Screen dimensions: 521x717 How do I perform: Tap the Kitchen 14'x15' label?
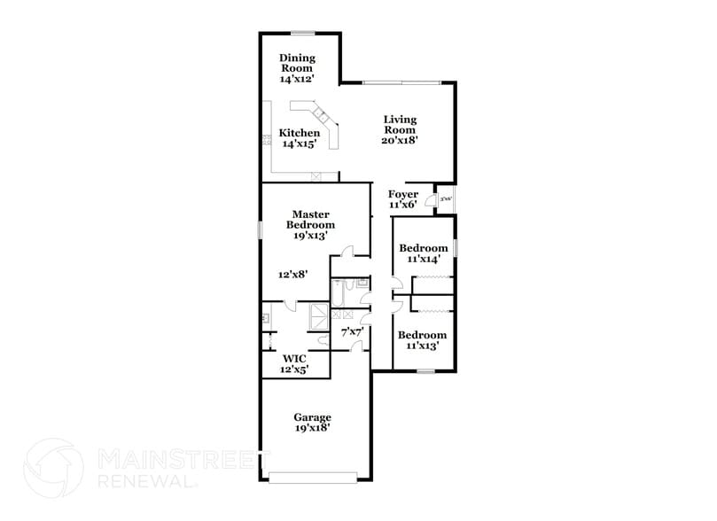tap(300, 137)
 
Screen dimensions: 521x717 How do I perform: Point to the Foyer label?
tap(403, 199)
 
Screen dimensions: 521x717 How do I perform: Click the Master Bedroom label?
tap(311, 224)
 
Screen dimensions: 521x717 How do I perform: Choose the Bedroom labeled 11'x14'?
tap(423, 253)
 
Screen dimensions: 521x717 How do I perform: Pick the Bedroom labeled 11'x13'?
tap(422, 339)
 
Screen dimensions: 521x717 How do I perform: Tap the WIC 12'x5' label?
tap(293, 364)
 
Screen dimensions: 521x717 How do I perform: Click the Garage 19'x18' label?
tap(313, 423)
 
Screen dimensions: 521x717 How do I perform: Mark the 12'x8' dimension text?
tap(292, 275)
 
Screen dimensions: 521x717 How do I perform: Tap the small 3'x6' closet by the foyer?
tap(447, 200)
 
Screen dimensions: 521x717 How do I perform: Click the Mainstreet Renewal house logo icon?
tap(55, 465)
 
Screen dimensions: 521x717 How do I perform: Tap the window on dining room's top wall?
tap(304, 34)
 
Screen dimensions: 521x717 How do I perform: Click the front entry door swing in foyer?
tap(428, 190)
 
